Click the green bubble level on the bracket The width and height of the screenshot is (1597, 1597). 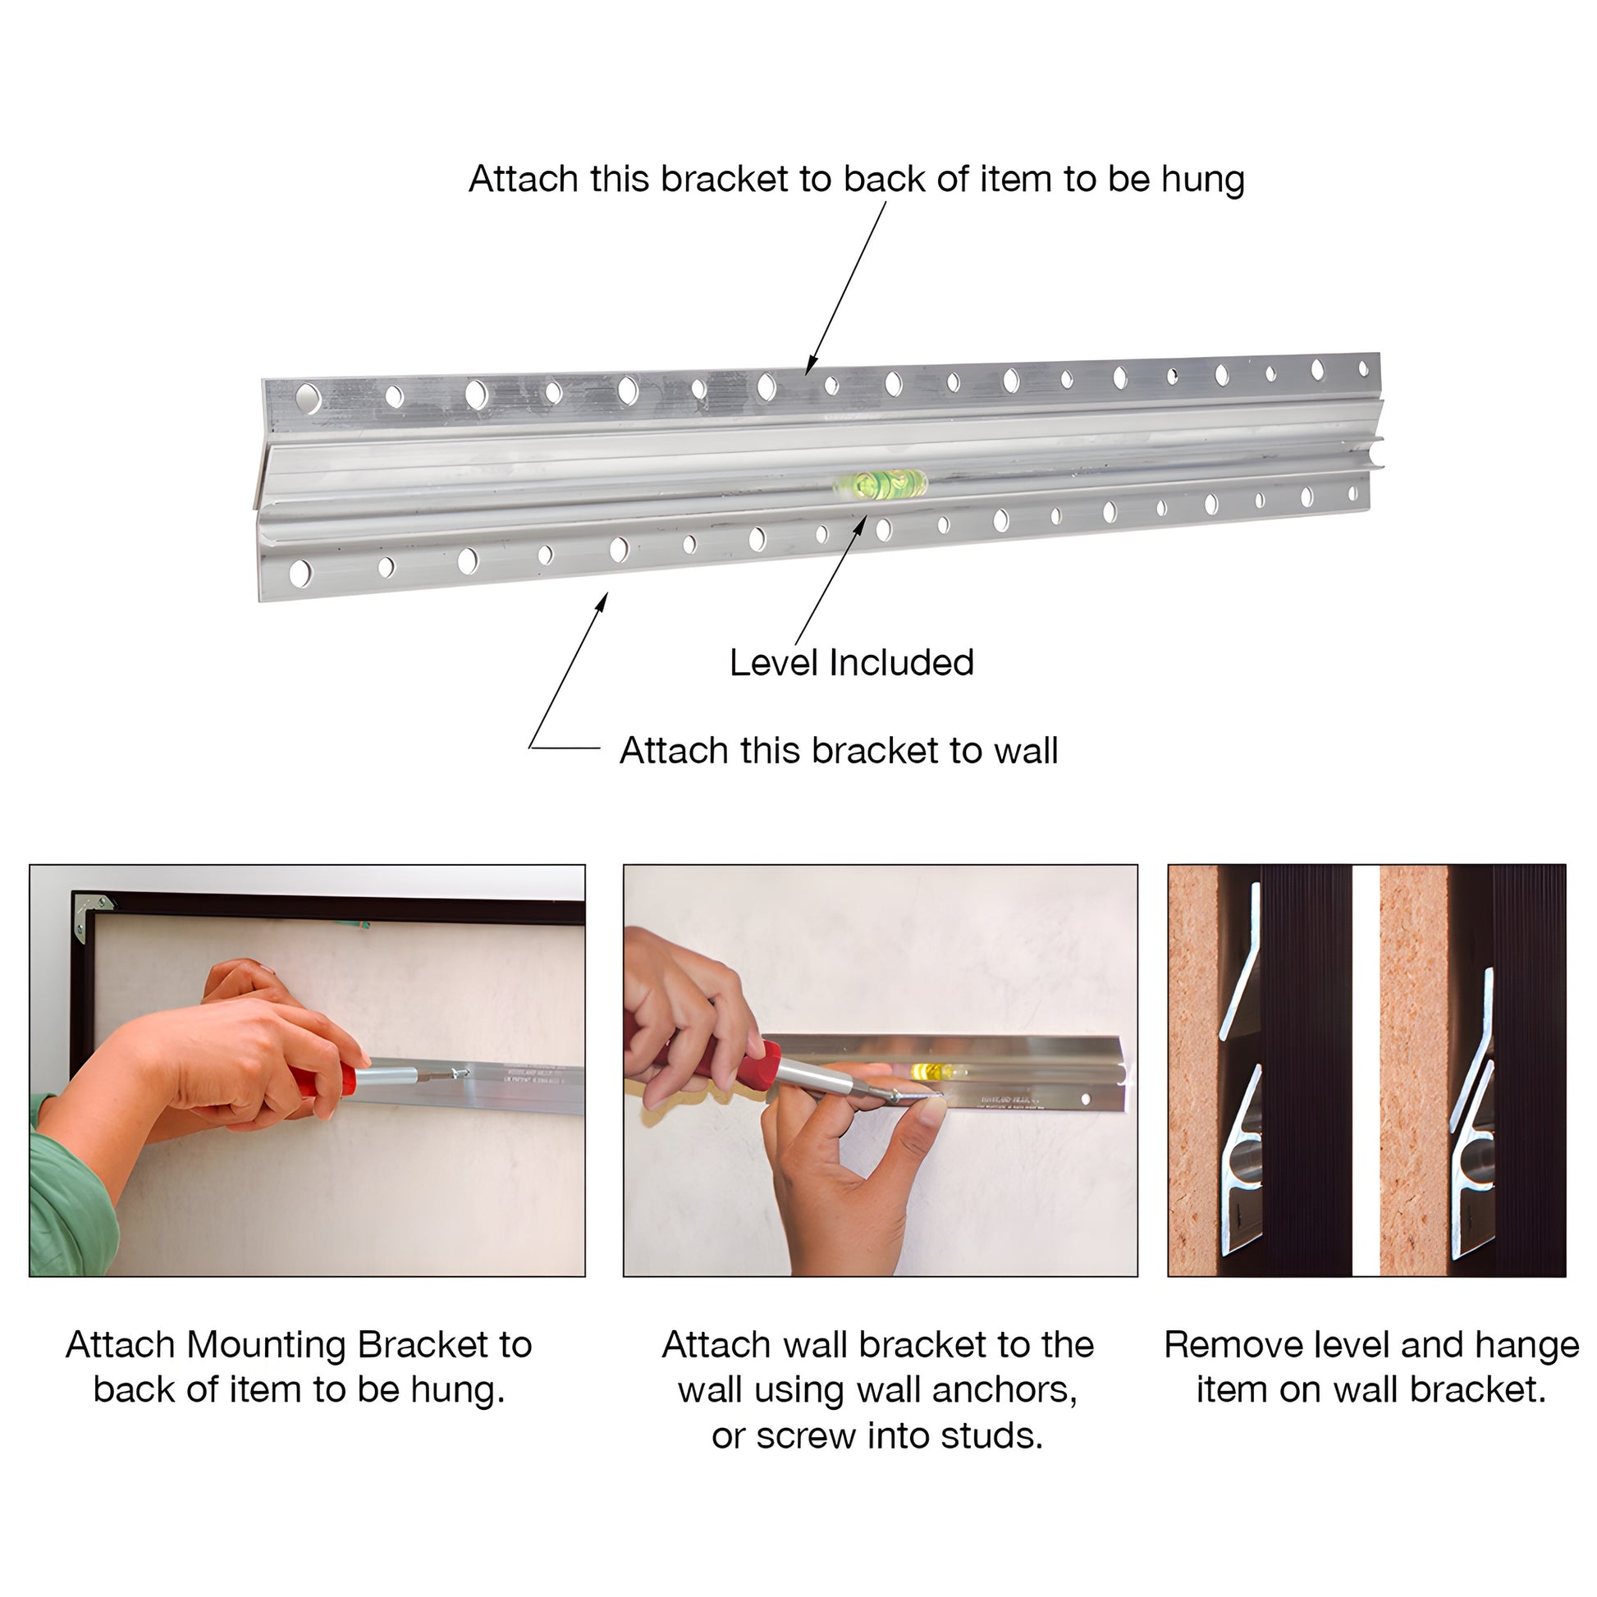point(881,482)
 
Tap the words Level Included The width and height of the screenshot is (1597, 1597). point(851,662)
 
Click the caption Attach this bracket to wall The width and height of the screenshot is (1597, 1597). point(838,751)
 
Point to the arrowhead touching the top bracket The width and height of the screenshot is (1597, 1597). point(812,364)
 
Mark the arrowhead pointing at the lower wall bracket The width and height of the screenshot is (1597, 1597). point(602,602)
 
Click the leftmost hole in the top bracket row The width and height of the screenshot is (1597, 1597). point(308,398)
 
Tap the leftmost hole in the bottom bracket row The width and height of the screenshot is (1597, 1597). point(300,573)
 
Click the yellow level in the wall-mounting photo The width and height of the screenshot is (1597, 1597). point(931,1071)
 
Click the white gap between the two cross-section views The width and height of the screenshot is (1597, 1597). point(1366,1070)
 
